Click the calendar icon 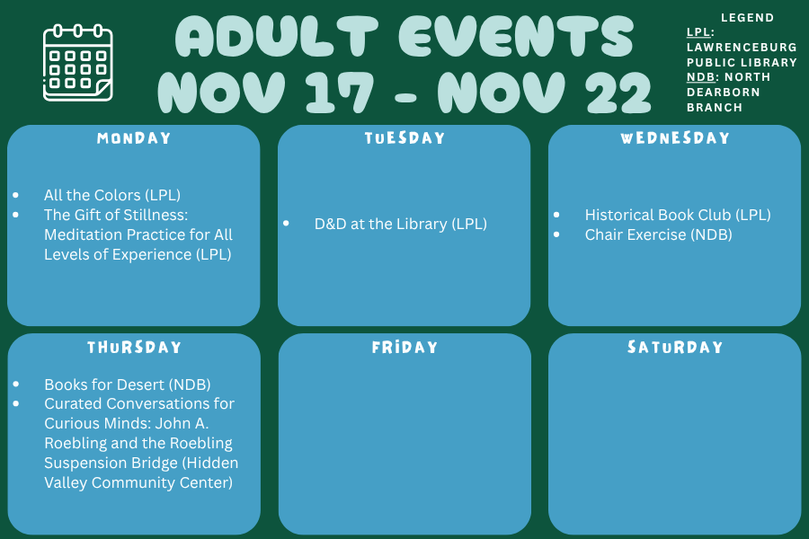(78, 63)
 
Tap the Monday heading (134, 138)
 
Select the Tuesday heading (404, 138)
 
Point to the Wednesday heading (675, 138)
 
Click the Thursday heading (134, 347)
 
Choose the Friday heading (404, 347)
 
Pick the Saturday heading (675, 347)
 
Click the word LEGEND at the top (748, 18)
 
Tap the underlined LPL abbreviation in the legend (698, 32)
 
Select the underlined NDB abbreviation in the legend (700, 77)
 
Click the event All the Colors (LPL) (112, 195)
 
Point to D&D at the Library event (401, 224)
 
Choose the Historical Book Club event (678, 215)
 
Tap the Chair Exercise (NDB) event (658, 234)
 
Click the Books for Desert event (128, 384)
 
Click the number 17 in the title (339, 92)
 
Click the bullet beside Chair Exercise (556, 234)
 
